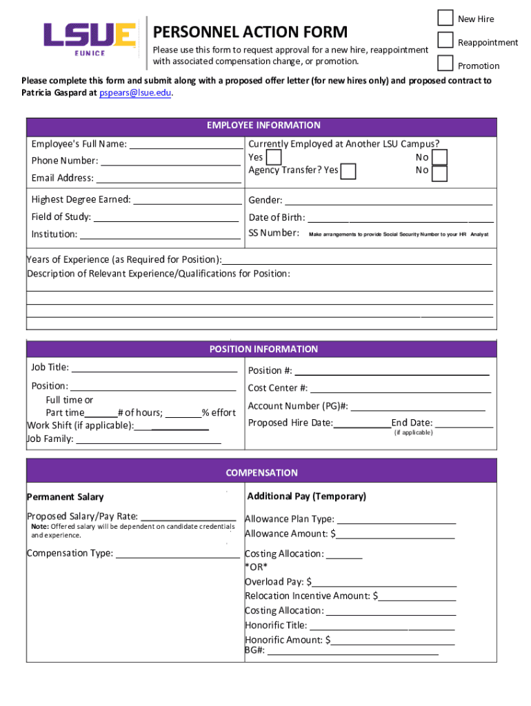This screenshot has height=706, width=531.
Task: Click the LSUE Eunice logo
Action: (x=90, y=38)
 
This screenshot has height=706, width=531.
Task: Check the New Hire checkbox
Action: (x=446, y=18)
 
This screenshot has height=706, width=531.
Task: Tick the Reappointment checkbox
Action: (x=446, y=41)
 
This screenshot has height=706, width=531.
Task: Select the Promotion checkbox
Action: (x=446, y=63)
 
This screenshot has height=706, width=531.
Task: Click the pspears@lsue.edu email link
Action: (x=134, y=92)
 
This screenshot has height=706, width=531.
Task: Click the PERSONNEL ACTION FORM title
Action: (x=250, y=32)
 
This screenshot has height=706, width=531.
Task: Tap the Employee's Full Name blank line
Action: (x=186, y=145)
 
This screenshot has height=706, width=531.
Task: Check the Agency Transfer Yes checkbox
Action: (x=349, y=171)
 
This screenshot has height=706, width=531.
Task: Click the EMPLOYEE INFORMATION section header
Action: (x=263, y=125)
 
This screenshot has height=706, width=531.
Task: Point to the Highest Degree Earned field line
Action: (x=187, y=200)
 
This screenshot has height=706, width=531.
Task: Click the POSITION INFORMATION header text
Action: (x=263, y=350)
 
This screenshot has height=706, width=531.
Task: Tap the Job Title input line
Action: (x=154, y=368)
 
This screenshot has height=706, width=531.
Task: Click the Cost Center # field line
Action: (x=400, y=389)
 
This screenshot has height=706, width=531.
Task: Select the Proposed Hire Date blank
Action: (x=362, y=423)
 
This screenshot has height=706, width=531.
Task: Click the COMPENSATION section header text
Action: (x=261, y=473)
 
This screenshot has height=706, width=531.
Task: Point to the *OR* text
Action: (x=257, y=567)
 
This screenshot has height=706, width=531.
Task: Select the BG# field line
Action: (x=352, y=650)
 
